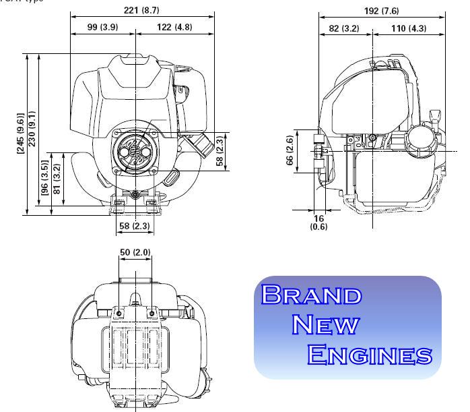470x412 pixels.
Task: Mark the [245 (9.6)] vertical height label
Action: click(x=21, y=134)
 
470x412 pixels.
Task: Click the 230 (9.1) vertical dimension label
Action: click(x=33, y=134)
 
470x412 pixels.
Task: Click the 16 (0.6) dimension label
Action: click(x=319, y=223)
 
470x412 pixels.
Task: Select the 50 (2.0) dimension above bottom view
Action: click(x=135, y=252)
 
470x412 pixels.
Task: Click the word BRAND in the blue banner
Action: click(x=311, y=295)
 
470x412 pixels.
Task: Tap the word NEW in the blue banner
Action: click(x=327, y=324)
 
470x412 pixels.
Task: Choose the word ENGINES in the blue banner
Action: click(x=369, y=354)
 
